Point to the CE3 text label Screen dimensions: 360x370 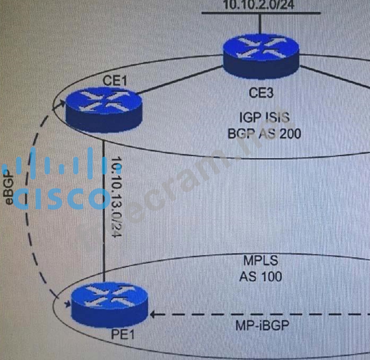point(261,93)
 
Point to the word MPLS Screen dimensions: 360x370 point(260,262)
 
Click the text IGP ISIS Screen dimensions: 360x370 point(264,117)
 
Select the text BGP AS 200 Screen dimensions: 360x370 point(264,133)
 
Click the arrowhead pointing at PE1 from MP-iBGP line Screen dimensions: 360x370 point(153,314)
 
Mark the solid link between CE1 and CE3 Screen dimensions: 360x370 point(182,80)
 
